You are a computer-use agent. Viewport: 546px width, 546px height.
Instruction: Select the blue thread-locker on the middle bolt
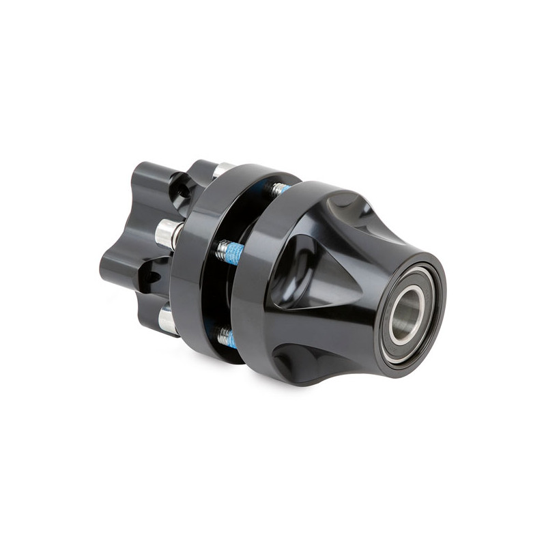coord(234,254)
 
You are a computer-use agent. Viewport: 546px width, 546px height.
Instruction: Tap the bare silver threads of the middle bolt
coord(222,252)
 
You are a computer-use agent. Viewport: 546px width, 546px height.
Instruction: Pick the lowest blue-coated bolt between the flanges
coord(229,339)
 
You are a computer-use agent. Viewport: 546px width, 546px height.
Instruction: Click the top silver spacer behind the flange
coord(222,169)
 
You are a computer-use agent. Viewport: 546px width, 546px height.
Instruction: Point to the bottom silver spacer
coord(167,319)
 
